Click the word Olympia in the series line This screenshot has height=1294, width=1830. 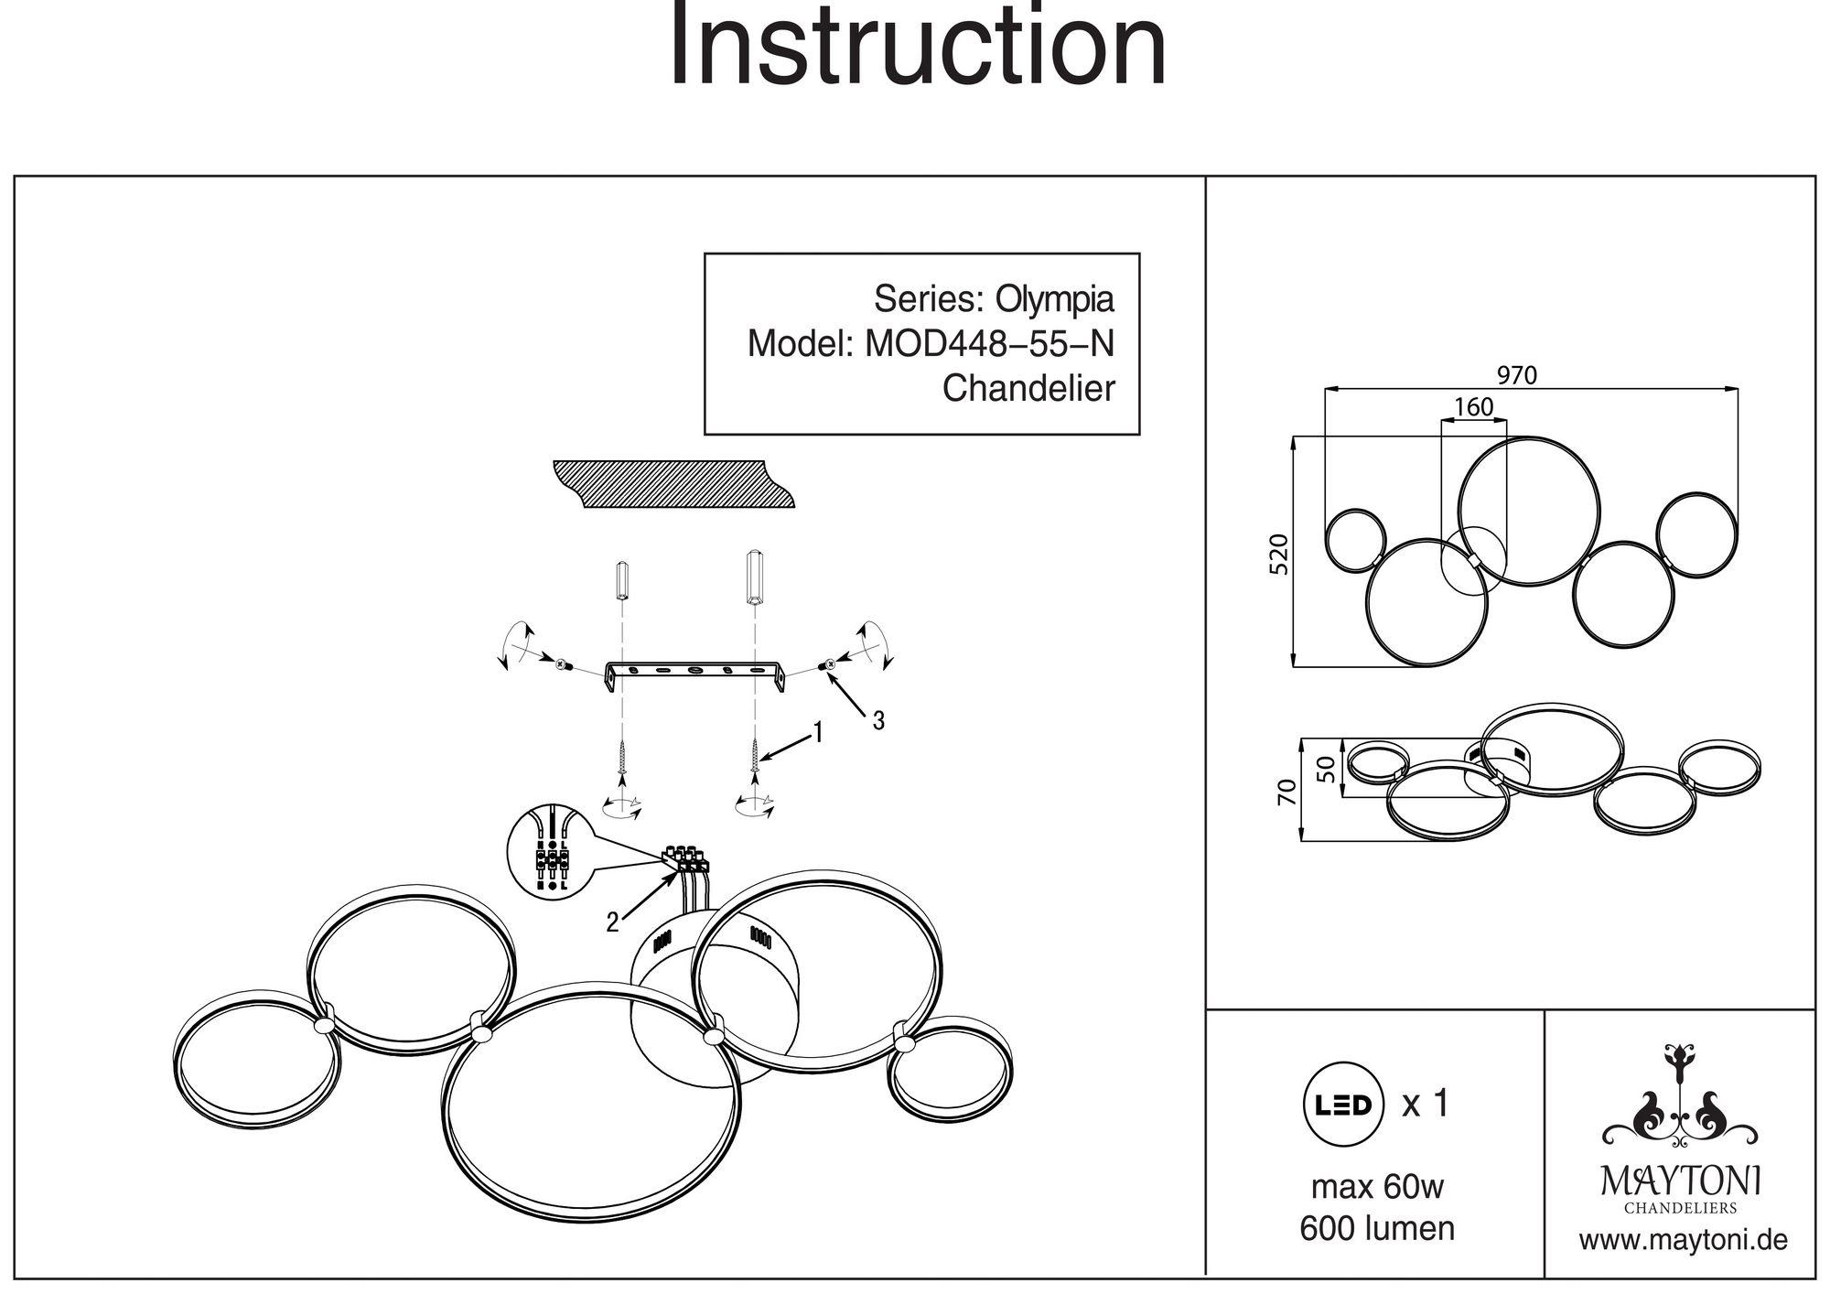point(1054,299)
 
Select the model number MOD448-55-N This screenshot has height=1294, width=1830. point(989,344)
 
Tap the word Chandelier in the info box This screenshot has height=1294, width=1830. point(1028,389)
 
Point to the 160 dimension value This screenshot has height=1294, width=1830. point(1473,407)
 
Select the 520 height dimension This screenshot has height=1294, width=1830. point(1280,555)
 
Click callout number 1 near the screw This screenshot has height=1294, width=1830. point(818,732)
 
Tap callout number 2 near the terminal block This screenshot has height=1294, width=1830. point(612,922)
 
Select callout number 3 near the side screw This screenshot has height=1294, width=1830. point(878,721)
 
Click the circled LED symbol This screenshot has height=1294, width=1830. point(1343,1105)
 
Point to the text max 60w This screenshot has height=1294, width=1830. point(1377,1187)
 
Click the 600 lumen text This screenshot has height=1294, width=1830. point(1377,1228)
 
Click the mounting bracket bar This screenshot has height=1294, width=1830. point(695,672)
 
